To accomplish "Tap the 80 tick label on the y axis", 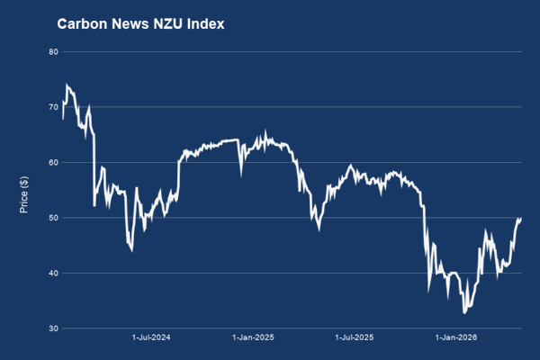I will [53, 52].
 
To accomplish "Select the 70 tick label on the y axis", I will [53, 107].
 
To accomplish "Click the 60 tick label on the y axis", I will [53, 163].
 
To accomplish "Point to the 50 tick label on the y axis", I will [53, 218].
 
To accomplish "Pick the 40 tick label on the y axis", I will [53, 274].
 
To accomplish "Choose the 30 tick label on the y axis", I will [53, 328].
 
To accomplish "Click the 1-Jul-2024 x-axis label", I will [151, 339].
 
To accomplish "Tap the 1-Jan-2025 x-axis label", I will [253, 339].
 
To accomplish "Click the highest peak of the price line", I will [67, 85].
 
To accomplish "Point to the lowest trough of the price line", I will [464, 312].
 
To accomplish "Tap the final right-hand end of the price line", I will [521, 219].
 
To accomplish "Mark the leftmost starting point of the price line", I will [62, 118].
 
